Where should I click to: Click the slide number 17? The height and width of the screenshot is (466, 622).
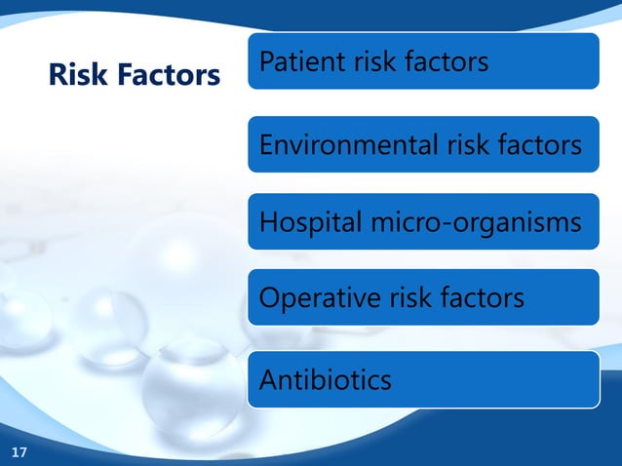19,451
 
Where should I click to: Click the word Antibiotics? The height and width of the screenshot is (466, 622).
326,378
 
